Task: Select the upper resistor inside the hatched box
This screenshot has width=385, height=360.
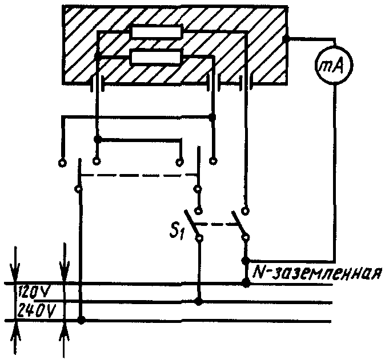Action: tap(157, 33)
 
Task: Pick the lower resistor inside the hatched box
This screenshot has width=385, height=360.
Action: tap(157, 57)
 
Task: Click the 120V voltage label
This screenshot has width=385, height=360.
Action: tap(35, 293)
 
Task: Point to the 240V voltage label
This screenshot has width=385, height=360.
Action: tap(35, 311)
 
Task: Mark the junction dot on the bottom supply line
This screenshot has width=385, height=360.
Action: tap(82, 321)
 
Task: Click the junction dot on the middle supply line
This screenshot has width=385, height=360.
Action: tap(198, 301)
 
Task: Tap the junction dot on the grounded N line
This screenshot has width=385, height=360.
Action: tap(246, 283)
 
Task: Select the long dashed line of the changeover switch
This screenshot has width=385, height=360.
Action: tap(137, 175)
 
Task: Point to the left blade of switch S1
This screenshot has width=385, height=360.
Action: tap(194, 227)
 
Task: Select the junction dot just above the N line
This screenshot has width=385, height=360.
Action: tap(246, 260)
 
